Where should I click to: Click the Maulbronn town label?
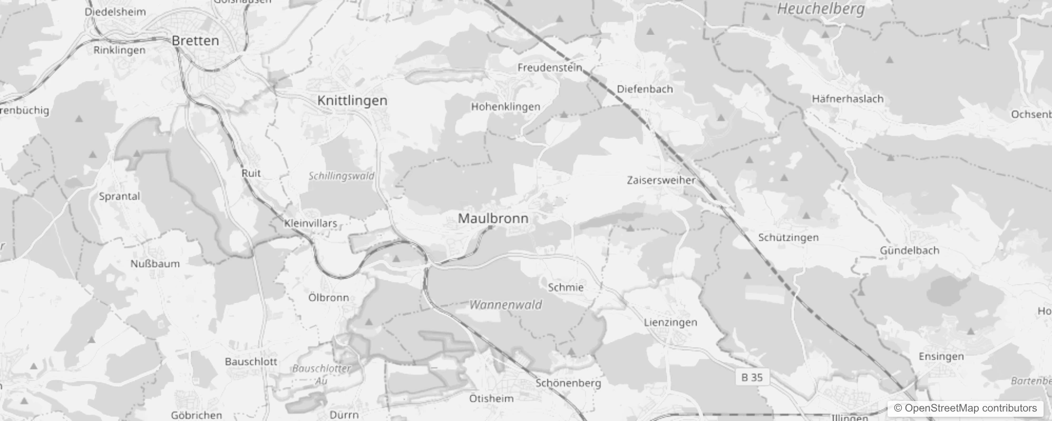493,218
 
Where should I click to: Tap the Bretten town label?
195,41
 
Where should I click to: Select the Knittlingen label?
352,101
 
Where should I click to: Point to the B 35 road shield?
752,377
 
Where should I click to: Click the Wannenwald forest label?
505,305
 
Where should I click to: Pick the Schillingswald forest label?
342,176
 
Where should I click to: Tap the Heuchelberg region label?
821,9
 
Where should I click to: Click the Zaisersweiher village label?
661,180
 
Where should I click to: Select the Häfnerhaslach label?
848,98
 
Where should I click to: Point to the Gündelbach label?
909,250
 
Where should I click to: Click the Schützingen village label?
788,237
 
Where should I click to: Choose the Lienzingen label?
670,322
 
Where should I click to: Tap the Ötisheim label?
491,398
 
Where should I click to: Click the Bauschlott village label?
251,362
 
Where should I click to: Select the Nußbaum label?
155,264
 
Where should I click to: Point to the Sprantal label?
120,196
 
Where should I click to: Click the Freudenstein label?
550,67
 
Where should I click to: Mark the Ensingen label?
941,356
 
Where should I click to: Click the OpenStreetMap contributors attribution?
965,408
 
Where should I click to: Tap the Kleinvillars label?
310,223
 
